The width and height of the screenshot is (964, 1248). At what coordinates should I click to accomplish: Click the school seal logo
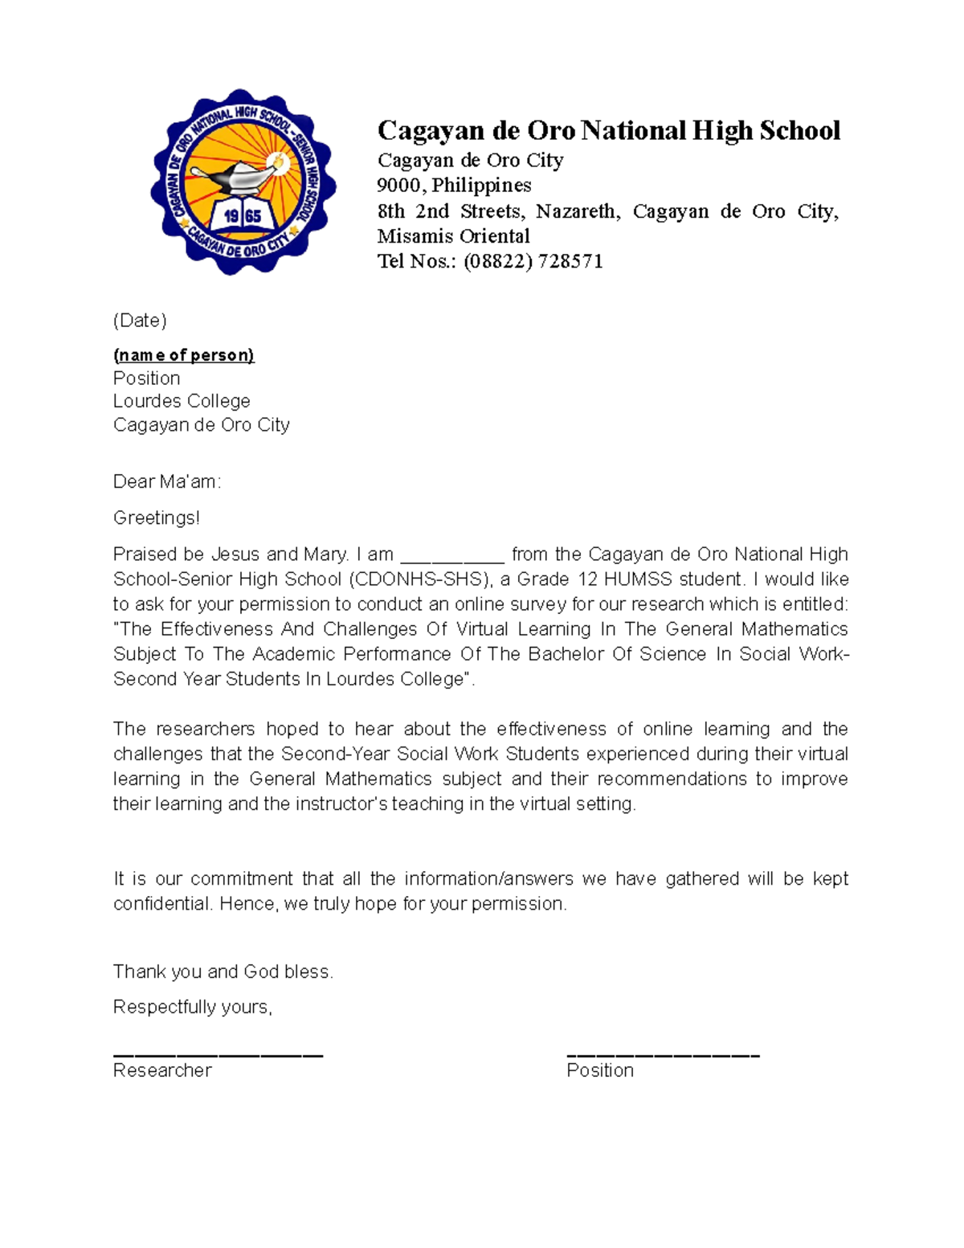click(x=243, y=182)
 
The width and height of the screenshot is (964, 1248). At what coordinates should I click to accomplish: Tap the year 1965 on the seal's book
click(x=243, y=216)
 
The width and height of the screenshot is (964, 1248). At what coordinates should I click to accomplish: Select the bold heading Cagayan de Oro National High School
click(x=608, y=130)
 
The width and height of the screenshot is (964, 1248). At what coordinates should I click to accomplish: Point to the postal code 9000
click(x=399, y=186)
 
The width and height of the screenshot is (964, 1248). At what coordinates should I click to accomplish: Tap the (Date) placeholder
click(x=140, y=321)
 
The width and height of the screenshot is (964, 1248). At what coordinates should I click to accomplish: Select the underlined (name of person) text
click(x=183, y=355)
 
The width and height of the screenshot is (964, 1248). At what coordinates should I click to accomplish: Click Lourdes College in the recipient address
click(x=182, y=401)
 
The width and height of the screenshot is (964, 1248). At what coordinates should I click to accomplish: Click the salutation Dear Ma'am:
click(x=166, y=481)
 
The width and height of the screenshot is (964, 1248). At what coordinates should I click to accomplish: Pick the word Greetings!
click(x=157, y=518)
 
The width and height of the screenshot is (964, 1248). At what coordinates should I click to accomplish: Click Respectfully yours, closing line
click(x=193, y=1007)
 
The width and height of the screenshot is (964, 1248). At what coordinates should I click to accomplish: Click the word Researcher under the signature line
click(x=162, y=1070)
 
